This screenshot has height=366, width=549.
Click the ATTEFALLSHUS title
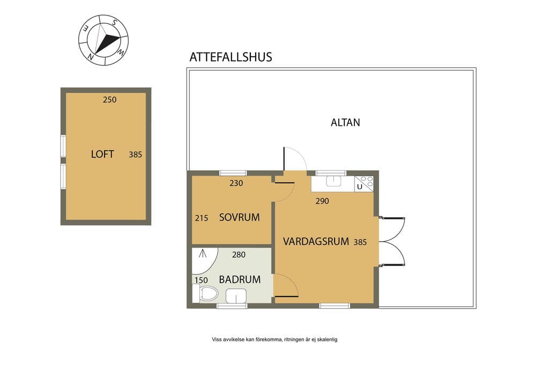[231, 57]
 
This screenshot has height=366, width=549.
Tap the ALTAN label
[345, 123]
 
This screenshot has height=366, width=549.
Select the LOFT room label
[102, 154]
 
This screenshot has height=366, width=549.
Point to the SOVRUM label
[240, 217]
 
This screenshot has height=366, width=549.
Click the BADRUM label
[240, 280]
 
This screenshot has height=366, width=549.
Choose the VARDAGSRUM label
[316, 242]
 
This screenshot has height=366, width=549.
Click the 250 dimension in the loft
[109, 100]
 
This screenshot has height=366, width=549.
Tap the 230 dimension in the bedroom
[236, 183]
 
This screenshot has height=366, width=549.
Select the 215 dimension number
[202, 218]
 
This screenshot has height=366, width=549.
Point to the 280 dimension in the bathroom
[239, 255]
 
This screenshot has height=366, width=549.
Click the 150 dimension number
[202, 280]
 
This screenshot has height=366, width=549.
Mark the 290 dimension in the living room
[322, 201]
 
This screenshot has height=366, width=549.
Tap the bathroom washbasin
[236, 296]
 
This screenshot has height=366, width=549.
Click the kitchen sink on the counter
[333, 181]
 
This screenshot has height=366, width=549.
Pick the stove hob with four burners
[367, 181]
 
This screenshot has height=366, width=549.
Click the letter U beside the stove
[360, 187]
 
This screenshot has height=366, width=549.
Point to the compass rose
[103, 40]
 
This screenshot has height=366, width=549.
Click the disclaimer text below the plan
[274, 339]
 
